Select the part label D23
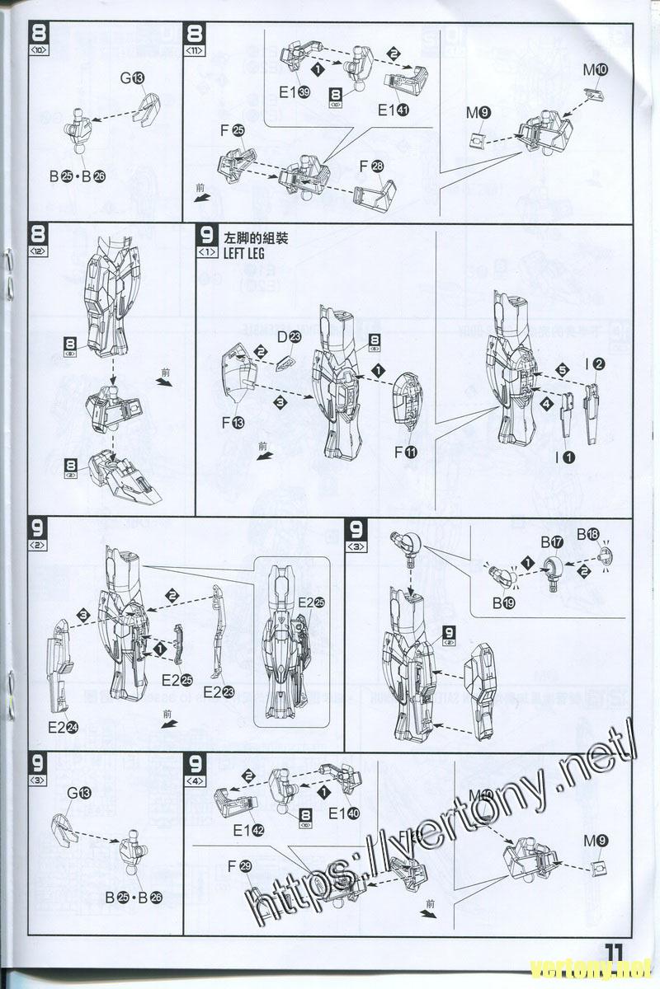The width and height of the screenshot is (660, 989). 289,336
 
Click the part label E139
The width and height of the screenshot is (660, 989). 294,93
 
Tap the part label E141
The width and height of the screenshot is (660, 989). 394,110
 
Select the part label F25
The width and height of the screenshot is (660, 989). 233,131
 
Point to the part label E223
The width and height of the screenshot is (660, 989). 218,691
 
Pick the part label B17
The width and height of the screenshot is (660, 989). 552,542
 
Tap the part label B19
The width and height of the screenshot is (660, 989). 504,603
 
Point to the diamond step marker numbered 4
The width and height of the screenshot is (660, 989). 545,405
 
